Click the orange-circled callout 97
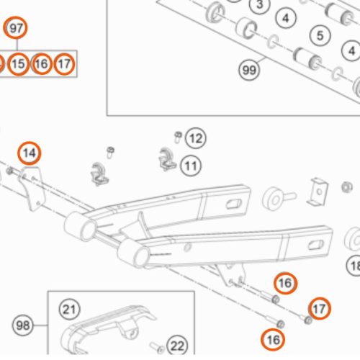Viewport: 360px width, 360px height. (x=16, y=29)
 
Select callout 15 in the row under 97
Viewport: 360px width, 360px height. (x=19, y=64)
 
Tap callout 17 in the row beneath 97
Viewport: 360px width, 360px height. (x=64, y=64)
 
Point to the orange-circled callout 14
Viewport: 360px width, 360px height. (x=29, y=153)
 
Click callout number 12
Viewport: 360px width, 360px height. (x=196, y=137)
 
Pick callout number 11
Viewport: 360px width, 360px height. (x=190, y=166)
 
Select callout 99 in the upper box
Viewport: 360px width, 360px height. (x=249, y=71)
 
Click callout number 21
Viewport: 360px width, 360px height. (x=68, y=310)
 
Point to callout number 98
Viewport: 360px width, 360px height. (x=23, y=326)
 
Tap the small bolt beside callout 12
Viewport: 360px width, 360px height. (x=178, y=135)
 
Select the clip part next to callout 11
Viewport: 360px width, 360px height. (x=166, y=160)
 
